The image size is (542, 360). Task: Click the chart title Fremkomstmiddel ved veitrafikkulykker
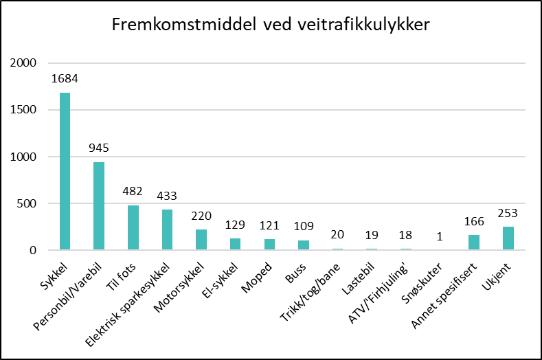pos(271,26)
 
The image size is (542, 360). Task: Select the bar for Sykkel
pos(65,171)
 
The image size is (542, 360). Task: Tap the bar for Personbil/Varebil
pos(99,206)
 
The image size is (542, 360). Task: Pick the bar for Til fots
pos(133,227)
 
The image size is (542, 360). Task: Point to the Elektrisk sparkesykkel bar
pos(167,230)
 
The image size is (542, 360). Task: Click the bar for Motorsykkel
pos(201,240)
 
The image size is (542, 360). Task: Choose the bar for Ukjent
pos(508,238)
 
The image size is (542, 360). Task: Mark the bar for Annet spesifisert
pos(474,243)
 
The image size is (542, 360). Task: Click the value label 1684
pos(65,78)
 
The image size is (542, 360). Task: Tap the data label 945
pos(99,148)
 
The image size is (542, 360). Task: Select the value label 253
pos(508,212)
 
